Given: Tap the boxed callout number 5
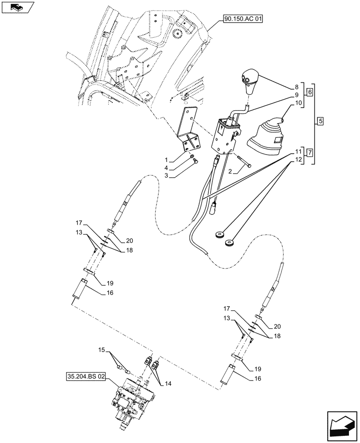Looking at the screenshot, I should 321,121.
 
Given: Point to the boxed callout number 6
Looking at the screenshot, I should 309,92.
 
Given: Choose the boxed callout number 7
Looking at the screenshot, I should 309,153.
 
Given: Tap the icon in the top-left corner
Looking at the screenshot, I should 17,7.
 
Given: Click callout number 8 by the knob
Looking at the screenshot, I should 297,88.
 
